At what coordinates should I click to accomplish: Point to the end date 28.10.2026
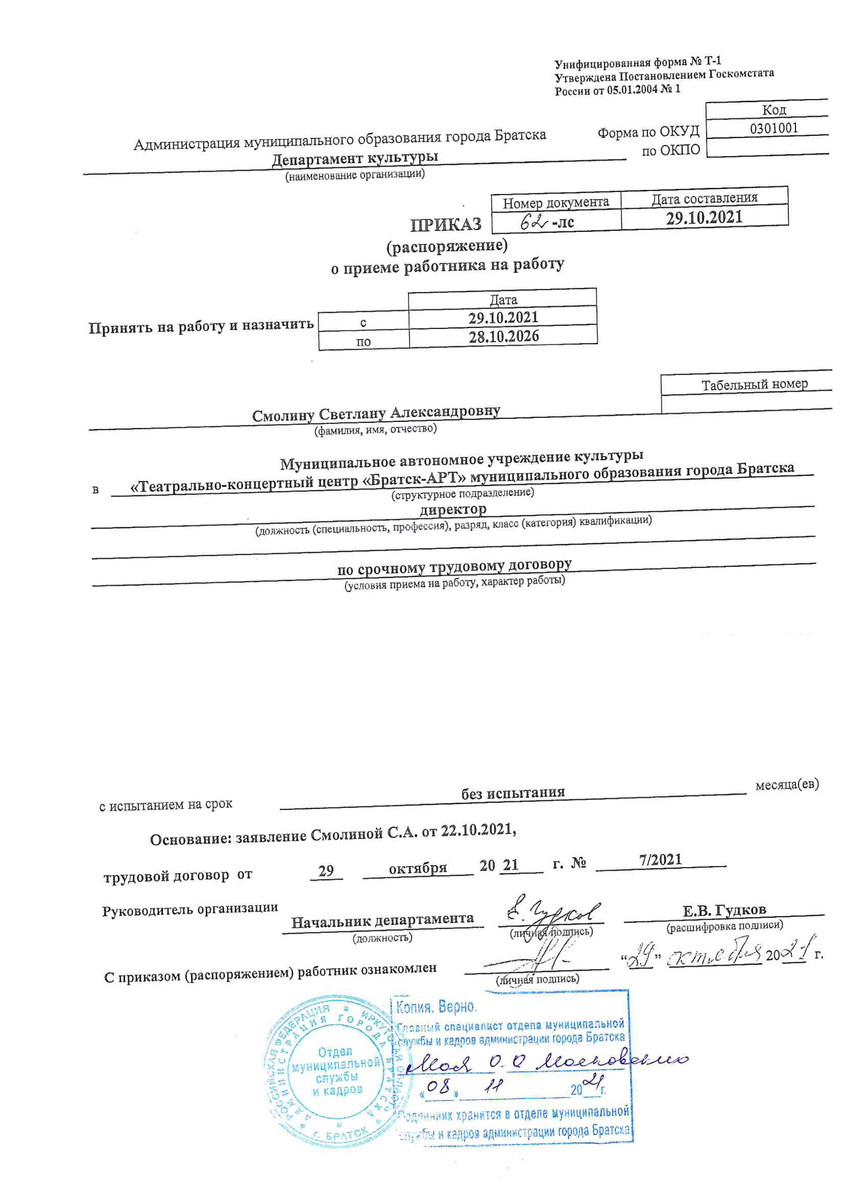(504, 336)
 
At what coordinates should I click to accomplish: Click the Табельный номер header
(754, 385)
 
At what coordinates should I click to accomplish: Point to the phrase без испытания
(513, 792)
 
